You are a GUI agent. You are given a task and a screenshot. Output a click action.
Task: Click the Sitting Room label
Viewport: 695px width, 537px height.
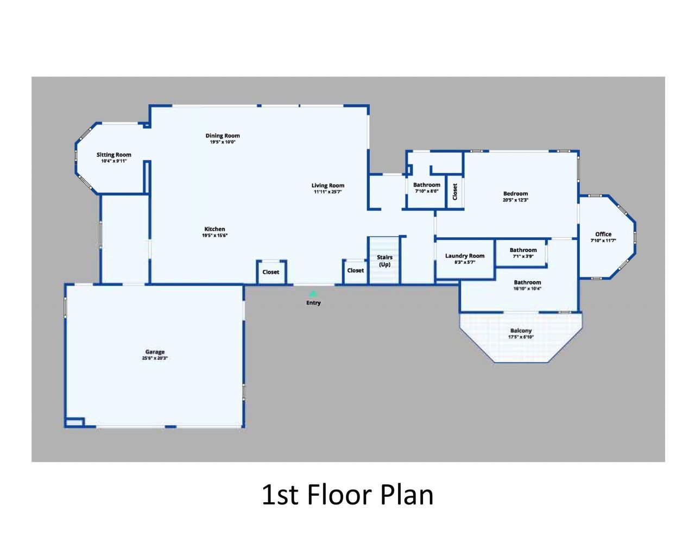114,155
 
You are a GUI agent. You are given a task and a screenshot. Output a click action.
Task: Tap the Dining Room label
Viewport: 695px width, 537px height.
223,136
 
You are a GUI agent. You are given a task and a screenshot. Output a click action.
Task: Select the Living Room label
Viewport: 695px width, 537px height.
328,186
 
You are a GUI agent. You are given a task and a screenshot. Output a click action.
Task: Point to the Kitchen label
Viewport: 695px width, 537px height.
214,229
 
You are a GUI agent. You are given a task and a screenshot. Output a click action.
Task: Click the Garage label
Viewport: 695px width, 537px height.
155,352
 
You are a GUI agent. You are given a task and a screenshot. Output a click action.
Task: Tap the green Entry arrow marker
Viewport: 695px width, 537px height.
313,294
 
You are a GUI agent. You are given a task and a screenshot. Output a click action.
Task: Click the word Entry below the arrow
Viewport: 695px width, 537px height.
313,303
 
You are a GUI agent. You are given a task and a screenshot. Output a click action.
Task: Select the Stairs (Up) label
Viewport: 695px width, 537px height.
384,261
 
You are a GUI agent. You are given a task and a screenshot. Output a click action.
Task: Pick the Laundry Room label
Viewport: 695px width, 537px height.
465,256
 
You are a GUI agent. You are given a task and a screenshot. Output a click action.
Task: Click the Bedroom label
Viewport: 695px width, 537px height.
515,194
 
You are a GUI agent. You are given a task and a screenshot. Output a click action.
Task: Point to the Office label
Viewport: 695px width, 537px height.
603,235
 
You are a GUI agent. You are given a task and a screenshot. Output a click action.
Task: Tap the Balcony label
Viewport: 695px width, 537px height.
521,331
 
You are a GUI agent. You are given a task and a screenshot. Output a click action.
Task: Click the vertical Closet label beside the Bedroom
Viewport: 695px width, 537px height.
455,191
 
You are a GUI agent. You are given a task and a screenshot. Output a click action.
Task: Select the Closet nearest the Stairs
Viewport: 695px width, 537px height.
356,270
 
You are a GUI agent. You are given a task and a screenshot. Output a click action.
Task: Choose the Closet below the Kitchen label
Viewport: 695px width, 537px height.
271,272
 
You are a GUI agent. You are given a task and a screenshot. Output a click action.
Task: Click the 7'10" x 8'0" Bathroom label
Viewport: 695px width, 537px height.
427,185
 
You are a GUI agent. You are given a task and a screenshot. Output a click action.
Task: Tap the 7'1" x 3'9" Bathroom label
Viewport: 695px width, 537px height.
523,250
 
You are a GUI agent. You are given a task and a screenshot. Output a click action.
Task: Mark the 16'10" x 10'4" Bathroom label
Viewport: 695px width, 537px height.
527,282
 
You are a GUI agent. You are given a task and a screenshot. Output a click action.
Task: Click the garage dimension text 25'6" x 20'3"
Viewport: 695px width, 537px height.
155,358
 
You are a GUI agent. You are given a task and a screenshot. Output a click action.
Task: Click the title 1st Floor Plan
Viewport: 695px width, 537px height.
347,495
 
